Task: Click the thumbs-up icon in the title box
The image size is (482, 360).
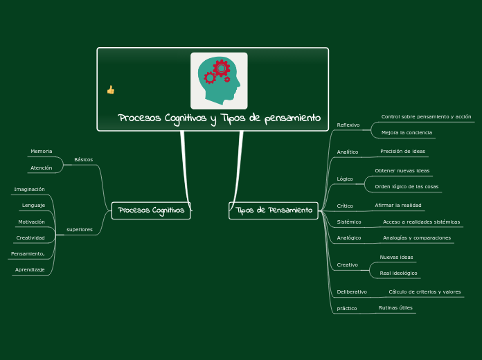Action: coord(111,90)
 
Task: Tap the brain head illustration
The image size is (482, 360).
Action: coord(219,81)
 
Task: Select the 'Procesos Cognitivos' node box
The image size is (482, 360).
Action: coord(151,210)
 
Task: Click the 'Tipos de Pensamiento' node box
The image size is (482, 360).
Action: coord(274,210)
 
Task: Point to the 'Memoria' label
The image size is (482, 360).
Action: coord(41,151)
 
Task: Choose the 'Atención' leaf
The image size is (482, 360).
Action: coord(41,168)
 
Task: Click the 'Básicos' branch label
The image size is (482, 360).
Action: coord(83,159)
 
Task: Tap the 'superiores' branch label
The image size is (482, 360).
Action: coord(80,230)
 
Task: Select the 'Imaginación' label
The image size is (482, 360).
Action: coord(29,190)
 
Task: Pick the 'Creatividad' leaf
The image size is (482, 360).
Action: coord(30,238)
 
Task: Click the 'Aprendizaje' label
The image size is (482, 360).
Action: coord(30,270)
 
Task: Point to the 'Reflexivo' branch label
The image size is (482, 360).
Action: coord(348,125)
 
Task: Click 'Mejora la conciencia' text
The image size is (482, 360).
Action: coord(407,132)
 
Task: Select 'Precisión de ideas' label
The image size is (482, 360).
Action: coord(402,151)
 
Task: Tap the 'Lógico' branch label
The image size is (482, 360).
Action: coord(345,179)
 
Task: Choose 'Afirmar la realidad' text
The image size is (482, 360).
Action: coord(398,206)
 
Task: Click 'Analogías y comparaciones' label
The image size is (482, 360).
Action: coord(417,238)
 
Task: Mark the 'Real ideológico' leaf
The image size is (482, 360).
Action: coord(398,273)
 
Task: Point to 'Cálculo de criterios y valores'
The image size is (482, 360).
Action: coord(425,291)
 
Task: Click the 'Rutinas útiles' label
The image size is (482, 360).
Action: coord(395,308)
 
